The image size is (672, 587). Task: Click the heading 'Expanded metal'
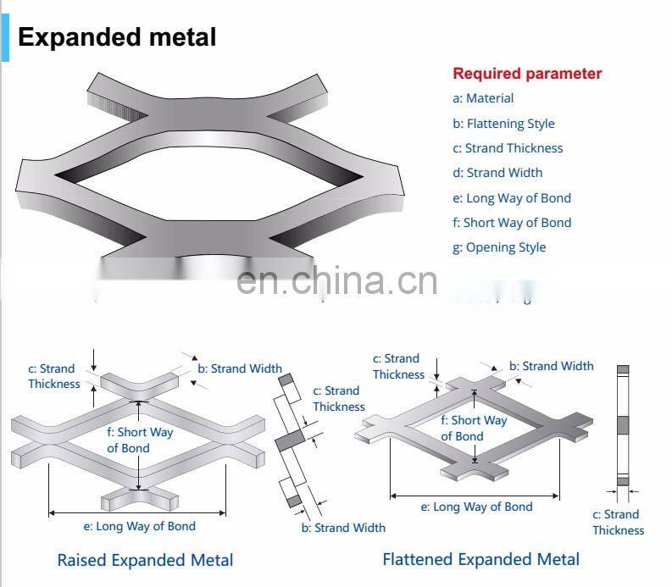click(x=117, y=37)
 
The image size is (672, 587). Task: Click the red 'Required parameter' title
click(x=526, y=74)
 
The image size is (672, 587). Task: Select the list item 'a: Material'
click(x=483, y=98)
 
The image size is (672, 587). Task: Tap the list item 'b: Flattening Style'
click(x=503, y=124)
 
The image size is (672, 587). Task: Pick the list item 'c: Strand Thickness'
click(x=508, y=148)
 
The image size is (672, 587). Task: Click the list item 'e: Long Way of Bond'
click(x=512, y=198)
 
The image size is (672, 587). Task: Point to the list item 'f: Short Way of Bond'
click(x=512, y=223)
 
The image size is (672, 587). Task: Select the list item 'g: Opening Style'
click(x=499, y=247)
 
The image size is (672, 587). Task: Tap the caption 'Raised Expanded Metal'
click(x=145, y=560)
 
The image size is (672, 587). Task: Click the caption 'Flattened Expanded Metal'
click(x=480, y=559)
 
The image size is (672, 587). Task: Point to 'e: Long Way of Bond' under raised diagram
click(x=139, y=526)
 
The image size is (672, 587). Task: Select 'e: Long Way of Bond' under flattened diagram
click(x=476, y=507)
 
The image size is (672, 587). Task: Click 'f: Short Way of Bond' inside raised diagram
click(x=139, y=440)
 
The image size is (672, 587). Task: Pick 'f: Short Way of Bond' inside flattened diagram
click(x=474, y=429)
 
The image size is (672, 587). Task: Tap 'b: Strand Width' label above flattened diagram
click(x=551, y=366)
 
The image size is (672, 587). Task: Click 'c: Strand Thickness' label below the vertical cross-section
click(x=618, y=523)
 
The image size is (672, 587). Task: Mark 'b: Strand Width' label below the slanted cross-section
click(x=343, y=528)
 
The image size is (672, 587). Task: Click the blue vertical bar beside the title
click(x=5, y=31)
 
